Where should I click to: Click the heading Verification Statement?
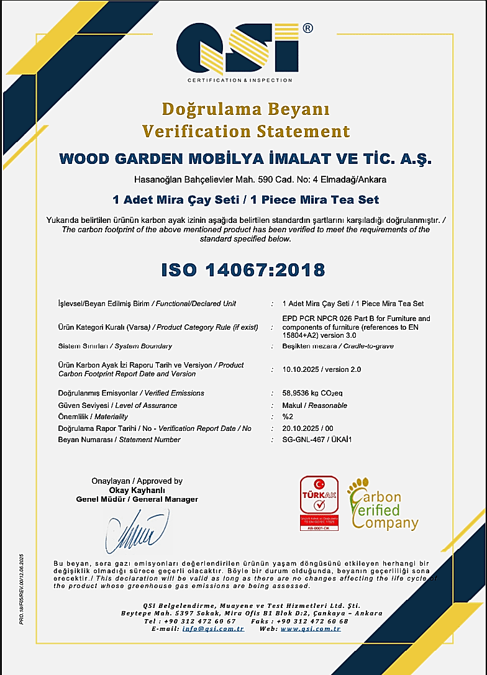pyautogui.click(x=246, y=131)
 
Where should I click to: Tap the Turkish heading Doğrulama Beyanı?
pyautogui.click(x=246, y=109)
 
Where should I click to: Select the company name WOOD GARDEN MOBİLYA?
pyautogui.click(x=245, y=159)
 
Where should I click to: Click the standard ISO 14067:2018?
pyautogui.click(x=243, y=270)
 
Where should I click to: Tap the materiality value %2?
pyautogui.click(x=287, y=417)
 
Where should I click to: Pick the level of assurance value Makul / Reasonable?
pyautogui.click(x=314, y=405)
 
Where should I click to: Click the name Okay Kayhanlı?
pyautogui.click(x=137, y=490)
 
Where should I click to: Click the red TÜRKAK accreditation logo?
pyautogui.click(x=319, y=502)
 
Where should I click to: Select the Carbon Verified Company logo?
pyautogui.click(x=383, y=505)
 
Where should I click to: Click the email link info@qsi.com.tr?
pyautogui.click(x=213, y=628)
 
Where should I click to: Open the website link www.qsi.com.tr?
pyautogui.click(x=311, y=628)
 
